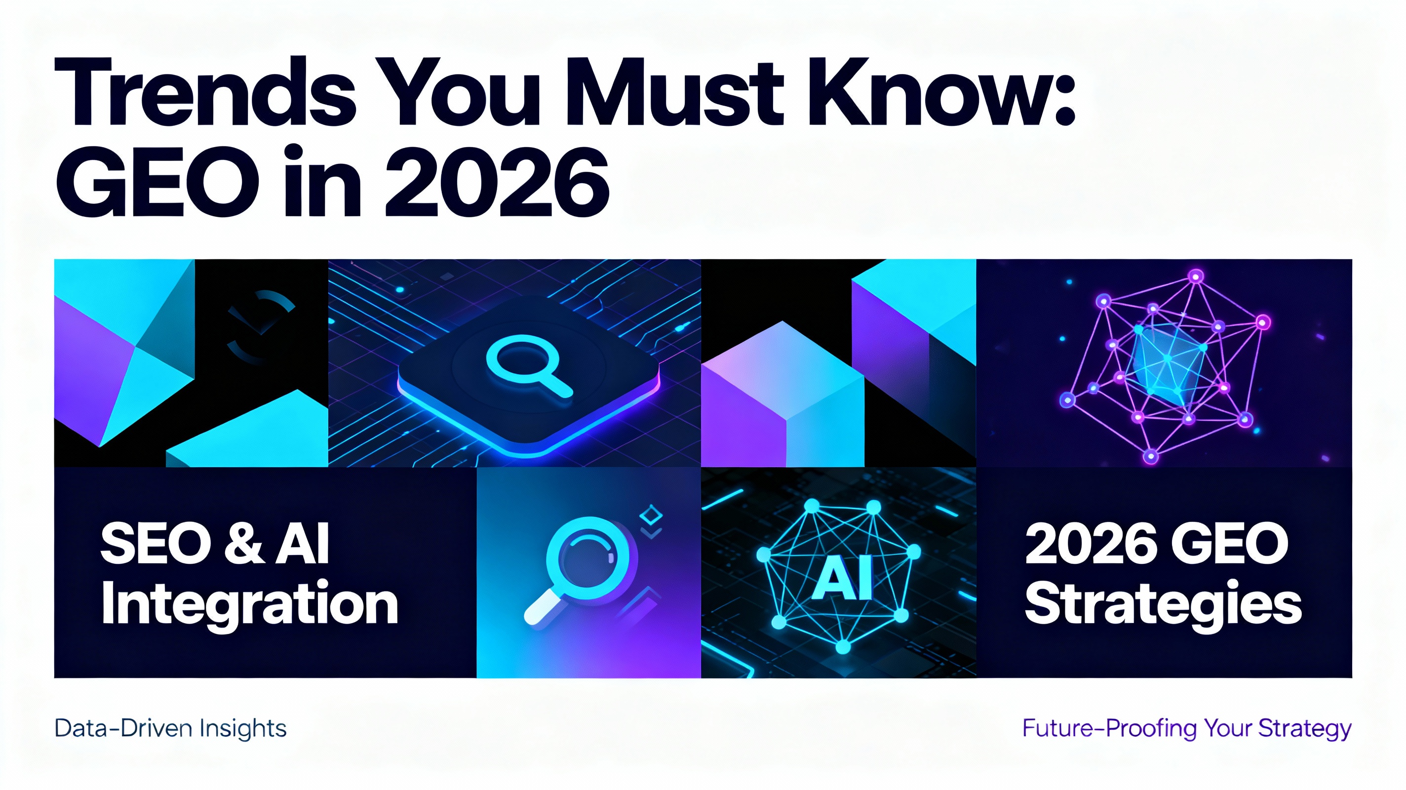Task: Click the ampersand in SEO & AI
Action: pos(242,543)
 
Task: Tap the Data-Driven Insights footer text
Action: pos(170,729)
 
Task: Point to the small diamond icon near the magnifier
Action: pos(650,514)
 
